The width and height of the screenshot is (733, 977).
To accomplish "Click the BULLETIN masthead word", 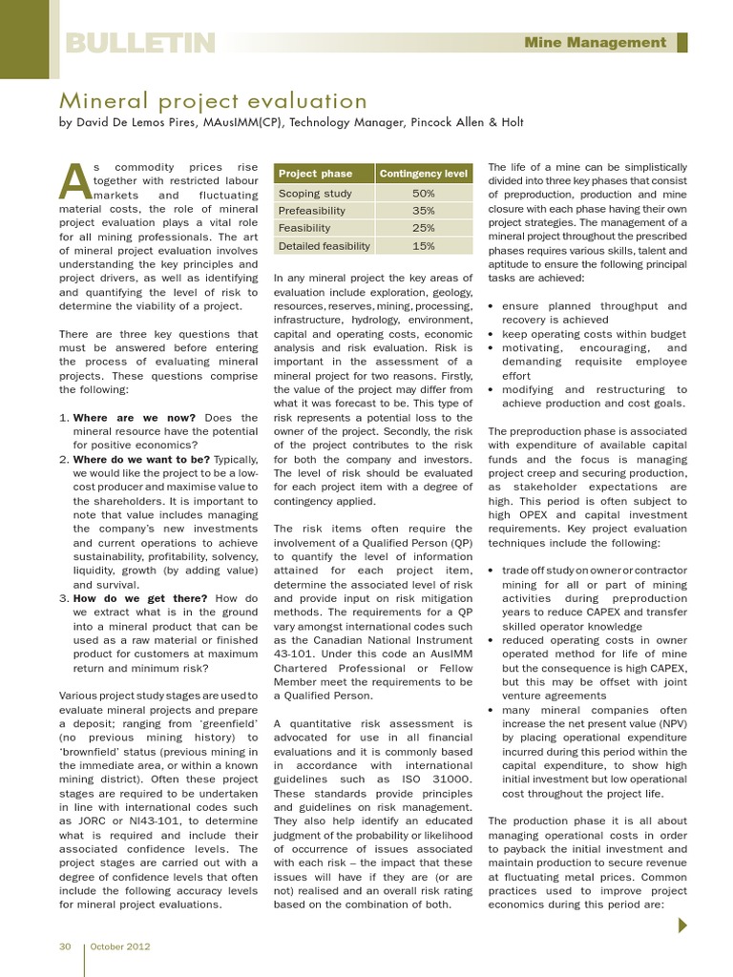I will [x=139, y=43].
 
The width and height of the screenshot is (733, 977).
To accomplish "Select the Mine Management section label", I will [x=596, y=42].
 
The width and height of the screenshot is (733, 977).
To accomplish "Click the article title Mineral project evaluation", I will [x=214, y=101].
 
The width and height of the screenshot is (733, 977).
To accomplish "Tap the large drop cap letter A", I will [x=74, y=178].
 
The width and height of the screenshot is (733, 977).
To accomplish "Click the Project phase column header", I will [x=315, y=174].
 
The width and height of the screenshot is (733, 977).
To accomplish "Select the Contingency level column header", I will [x=424, y=174].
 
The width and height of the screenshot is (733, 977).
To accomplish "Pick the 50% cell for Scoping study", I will [x=424, y=194].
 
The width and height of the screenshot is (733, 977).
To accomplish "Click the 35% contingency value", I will [x=424, y=211].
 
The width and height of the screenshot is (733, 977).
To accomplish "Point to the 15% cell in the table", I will [x=424, y=245].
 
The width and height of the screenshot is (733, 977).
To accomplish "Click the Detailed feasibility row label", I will [x=324, y=245].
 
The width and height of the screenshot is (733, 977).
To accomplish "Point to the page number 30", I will [x=66, y=946].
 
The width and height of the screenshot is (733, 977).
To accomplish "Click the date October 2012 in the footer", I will [x=121, y=946].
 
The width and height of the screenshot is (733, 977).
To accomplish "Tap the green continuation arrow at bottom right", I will [x=682, y=925].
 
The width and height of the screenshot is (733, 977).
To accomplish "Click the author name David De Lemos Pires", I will [x=140, y=122].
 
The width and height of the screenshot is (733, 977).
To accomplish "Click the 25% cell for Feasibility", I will [x=424, y=228].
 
